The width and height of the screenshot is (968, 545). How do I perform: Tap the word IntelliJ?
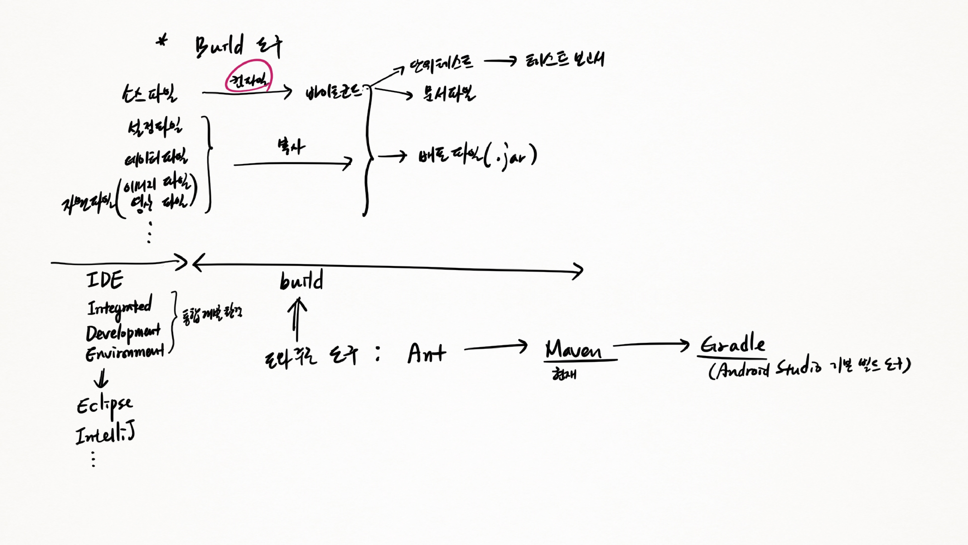tap(105, 434)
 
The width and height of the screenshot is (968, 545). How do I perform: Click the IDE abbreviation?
tap(105, 280)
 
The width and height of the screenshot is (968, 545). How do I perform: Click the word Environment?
tap(125, 353)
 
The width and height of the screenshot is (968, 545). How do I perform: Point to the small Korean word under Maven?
tap(564, 374)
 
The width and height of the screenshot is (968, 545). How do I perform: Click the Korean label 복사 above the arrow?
tap(291, 147)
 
